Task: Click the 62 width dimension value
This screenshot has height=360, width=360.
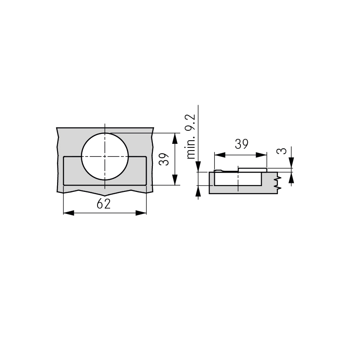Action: [x=103, y=204]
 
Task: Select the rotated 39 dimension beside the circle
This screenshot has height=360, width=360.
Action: [x=164, y=159]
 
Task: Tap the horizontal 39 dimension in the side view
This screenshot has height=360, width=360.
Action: [x=241, y=144]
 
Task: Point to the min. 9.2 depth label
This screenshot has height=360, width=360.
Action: [x=191, y=137]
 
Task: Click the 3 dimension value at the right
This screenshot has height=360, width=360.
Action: [x=282, y=151]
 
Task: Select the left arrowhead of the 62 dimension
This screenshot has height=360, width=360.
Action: [x=69, y=213]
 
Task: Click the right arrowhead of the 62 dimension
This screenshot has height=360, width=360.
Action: [x=141, y=213]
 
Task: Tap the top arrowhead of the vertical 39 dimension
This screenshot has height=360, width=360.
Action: [x=175, y=138]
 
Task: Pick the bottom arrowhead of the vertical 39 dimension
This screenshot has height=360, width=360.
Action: [x=175, y=180]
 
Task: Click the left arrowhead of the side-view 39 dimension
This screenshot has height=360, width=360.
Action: [x=220, y=155]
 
